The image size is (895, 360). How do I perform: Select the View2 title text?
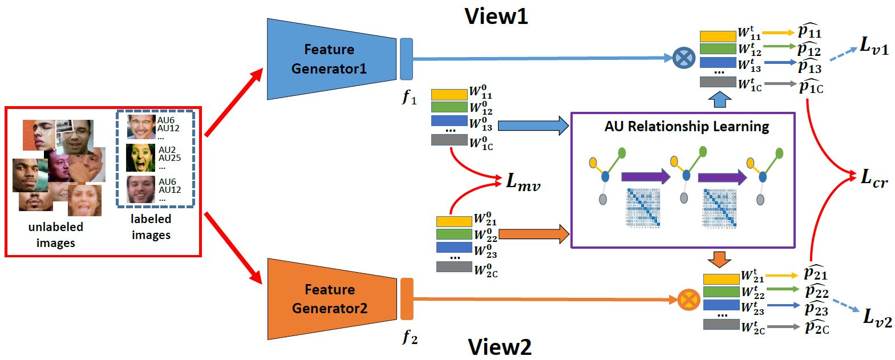(x=500, y=346)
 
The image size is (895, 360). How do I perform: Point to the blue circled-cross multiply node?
(x=684, y=58)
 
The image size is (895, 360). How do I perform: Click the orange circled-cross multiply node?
(x=689, y=299)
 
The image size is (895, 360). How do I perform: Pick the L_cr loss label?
(x=874, y=178)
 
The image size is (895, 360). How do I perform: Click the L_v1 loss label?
(x=874, y=45)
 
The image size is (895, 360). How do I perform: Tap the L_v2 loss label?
(x=877, y=317)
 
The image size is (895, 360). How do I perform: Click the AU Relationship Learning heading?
(x=686, y=126)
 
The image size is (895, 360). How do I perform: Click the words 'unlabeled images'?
(x=55, y=234)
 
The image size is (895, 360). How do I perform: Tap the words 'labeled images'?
(x=151, y=226)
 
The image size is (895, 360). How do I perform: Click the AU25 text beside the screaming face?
(x=169, y=158)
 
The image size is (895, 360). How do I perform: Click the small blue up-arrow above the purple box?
(x=719, y=100)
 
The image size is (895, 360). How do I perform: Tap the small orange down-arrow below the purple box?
(x=719, y=259)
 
